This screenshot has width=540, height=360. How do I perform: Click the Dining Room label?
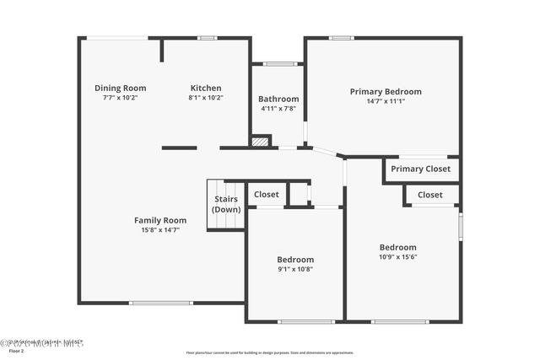[120, 88]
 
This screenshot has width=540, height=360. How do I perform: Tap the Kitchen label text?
[206, 88]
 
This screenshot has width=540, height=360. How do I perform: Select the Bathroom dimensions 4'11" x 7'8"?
[278, 109]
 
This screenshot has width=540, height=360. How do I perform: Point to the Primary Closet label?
[420, 169]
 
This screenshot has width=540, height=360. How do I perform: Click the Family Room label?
[160, 220]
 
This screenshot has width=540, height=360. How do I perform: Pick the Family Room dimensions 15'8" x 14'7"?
[160, 229]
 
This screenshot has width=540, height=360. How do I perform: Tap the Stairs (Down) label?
[226, 204]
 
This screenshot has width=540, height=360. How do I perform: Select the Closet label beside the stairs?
[267, 194]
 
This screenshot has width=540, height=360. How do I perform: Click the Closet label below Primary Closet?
[429, 195]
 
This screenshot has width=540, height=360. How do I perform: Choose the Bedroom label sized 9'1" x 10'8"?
[295, 260]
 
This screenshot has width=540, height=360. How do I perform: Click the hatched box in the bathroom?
[261, 142]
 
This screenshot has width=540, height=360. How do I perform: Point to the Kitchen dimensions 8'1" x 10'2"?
[206, 98]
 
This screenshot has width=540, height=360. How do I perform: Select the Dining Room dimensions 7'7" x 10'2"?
[120, 98]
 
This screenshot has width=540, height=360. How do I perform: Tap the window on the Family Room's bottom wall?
[160, 303]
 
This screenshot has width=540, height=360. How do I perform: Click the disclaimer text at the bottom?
[269, 353]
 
